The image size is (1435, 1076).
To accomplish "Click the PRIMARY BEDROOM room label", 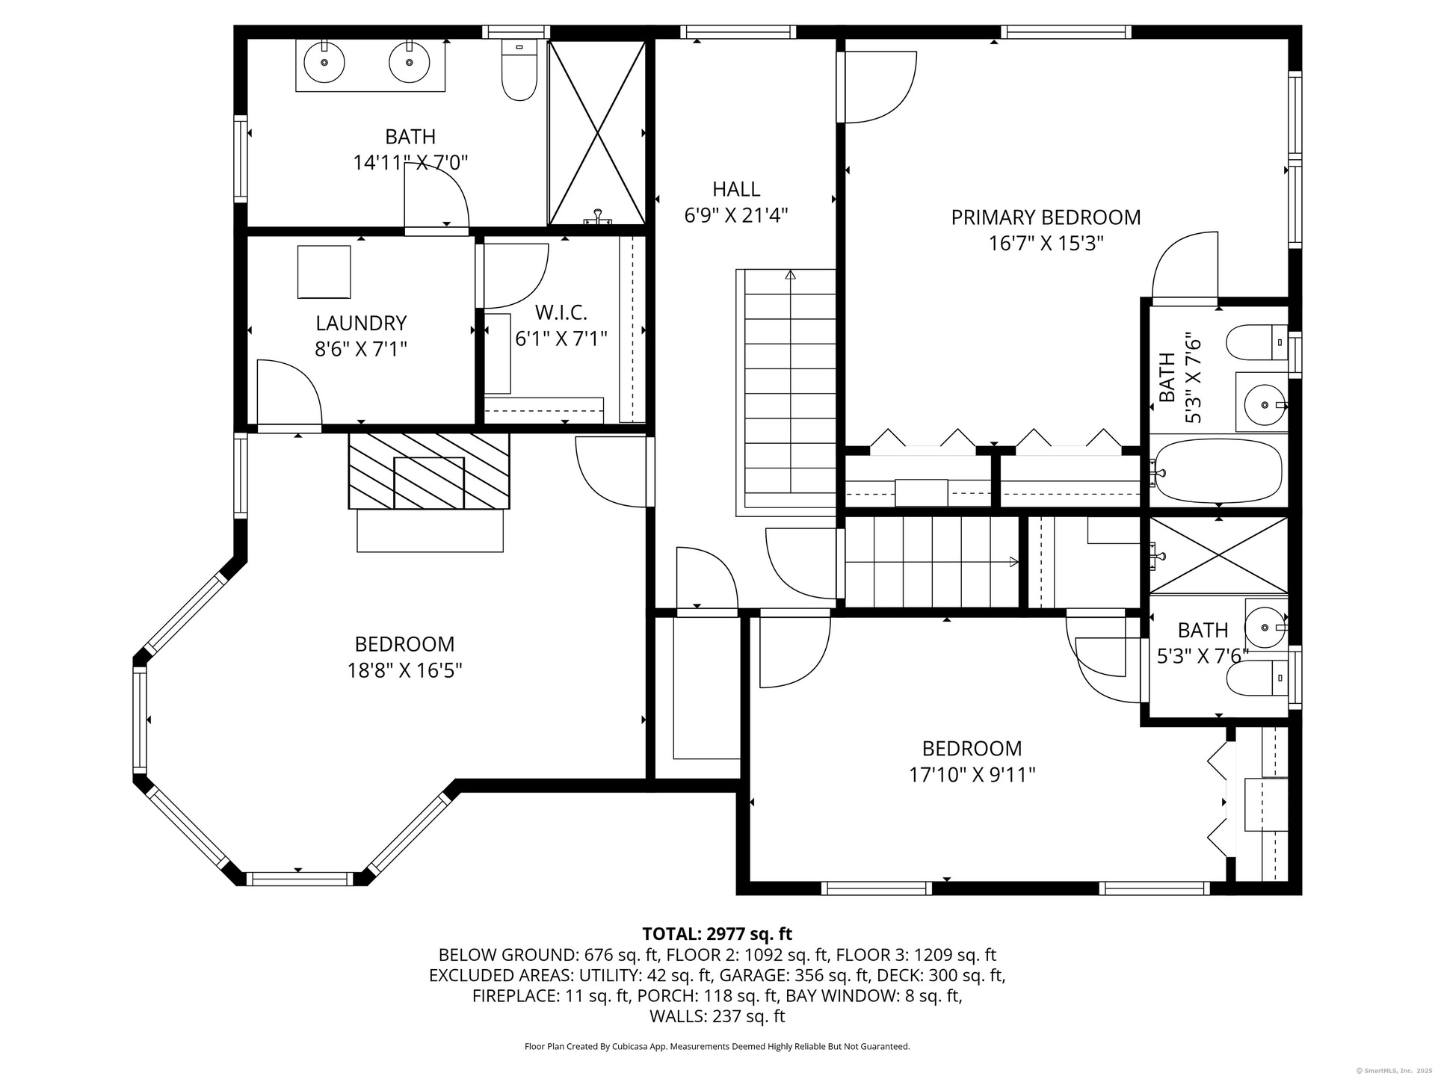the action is click(x=1046, y=217).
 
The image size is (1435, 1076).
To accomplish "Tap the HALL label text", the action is click(x=736, y=189).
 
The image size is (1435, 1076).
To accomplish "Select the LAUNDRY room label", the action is click(x=361, y=324).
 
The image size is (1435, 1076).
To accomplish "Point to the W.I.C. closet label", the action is click(x=561, y=312).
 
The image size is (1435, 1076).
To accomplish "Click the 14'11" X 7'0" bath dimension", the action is click(x=410, y=163).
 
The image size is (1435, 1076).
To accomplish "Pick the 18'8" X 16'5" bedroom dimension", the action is click(x=404, y=670).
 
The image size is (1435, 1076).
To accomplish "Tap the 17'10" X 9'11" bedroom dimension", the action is click(x=972, y=775).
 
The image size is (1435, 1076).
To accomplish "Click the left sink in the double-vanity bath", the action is click(x=324, y=61).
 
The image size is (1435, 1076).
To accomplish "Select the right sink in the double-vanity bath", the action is click(x=410, y=61).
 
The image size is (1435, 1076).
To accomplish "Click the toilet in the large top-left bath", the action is click(x=519, y=70).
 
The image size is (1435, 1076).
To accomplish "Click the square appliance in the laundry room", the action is click(x=324, y=272).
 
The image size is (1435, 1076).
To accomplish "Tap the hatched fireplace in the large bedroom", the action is click(x=429, y=471).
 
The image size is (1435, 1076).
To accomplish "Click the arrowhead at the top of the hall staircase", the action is click(x=790, y=274).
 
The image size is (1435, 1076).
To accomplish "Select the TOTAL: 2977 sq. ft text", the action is click(x=717, y=934).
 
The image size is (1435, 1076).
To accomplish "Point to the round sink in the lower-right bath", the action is click(x=1265, y=622).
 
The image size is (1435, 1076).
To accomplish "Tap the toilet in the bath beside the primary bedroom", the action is click(x=1257, y=342).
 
